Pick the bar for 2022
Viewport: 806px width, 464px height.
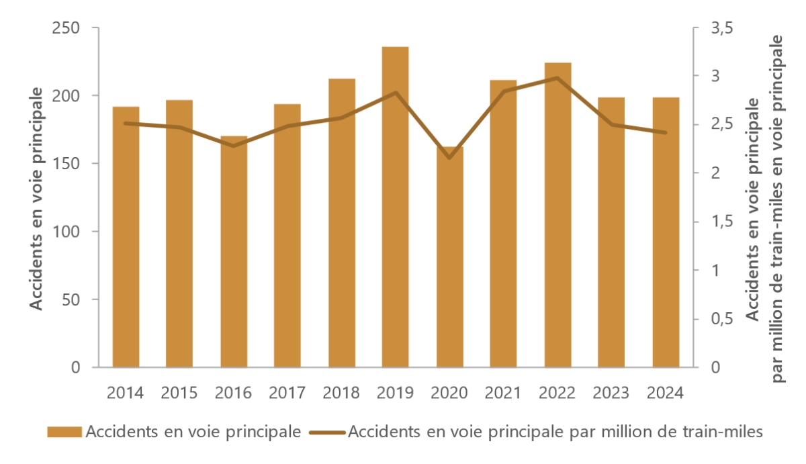[557, 215]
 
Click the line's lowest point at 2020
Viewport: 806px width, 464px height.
[449, 158]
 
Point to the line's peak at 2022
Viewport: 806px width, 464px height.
[557, 78]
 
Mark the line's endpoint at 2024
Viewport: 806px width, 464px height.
[665, 133]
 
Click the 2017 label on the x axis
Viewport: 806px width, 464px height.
[287, 393]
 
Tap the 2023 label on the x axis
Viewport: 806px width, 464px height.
[611, 393]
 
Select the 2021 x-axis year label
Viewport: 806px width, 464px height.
[503, 393]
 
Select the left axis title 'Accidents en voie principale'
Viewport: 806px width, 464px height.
[38, 198]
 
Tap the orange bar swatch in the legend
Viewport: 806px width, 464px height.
[64, 432]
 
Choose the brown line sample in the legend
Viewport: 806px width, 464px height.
[328, 432]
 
